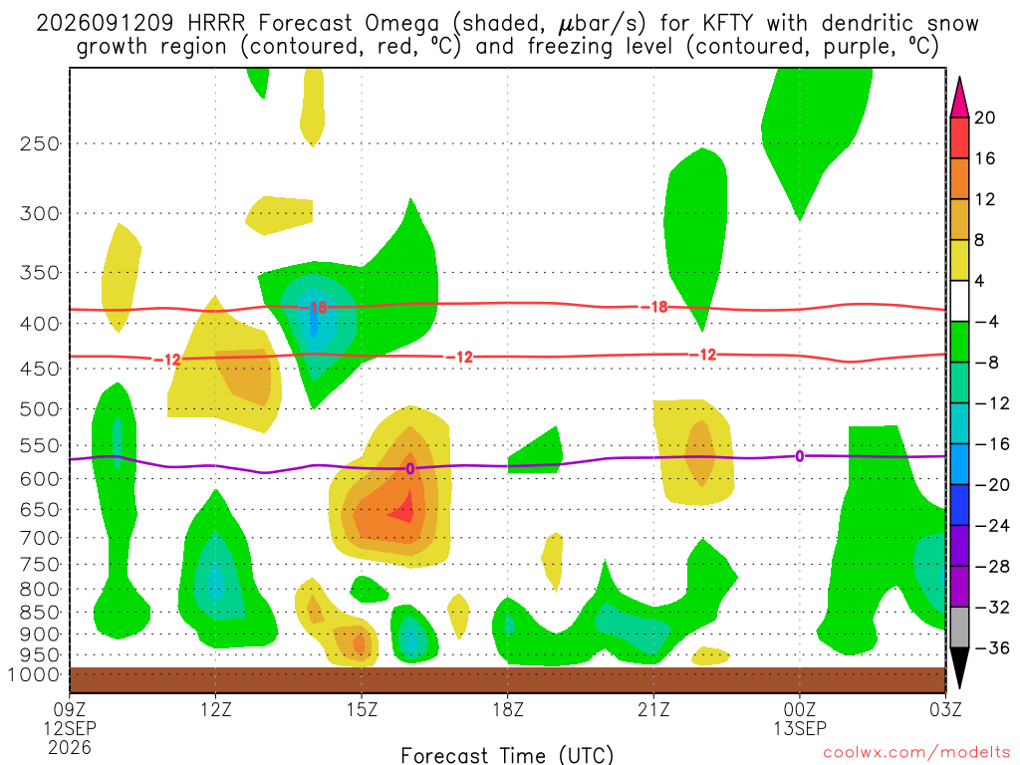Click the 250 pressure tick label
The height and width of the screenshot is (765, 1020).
(40, 143)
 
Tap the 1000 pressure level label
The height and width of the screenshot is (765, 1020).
(34, 674)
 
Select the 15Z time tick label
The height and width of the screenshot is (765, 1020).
(362, 709)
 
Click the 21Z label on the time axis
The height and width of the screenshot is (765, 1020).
(653, 709)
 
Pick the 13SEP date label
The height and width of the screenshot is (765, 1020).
(800, 728)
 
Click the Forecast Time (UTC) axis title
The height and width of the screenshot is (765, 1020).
(507, 755)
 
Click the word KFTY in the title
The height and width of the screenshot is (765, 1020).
(727, 24)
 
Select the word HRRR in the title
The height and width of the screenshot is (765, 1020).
(216, 24)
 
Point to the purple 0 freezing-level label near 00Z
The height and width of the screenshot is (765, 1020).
(800, 456)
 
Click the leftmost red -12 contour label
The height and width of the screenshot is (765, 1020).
(167, 360)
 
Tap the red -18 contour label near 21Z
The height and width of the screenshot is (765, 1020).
(653, 307)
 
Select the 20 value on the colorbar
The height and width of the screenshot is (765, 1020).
(984, 118)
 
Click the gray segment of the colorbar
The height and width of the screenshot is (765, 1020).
(959, 628)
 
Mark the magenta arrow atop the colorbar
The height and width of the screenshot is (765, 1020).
(959, 97)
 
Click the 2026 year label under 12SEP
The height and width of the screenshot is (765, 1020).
(70, 747)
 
